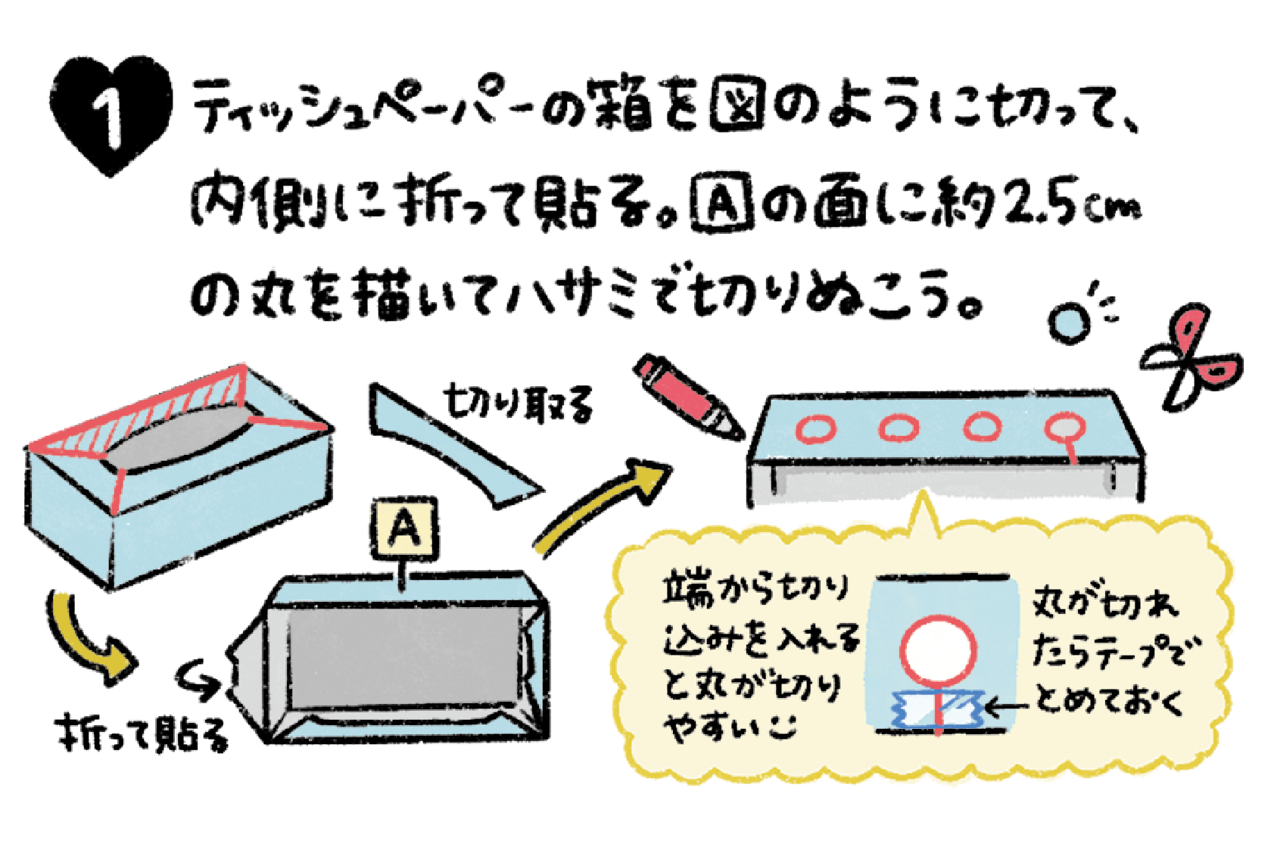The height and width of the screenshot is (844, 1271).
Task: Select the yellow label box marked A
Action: click(x=404, y=528)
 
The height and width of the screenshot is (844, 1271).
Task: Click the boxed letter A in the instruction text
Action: click(x=723, y=203)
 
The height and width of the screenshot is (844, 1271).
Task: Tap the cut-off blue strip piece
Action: click(x=454, y=445)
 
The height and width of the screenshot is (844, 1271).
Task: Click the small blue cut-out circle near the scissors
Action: click(x=1069, y=323)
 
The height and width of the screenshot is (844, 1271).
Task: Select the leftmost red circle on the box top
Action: click(x=815, y=428)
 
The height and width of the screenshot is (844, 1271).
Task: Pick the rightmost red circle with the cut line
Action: click(x=1065, y=434)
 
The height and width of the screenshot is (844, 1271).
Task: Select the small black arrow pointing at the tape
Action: click(x=1007, y=707)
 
